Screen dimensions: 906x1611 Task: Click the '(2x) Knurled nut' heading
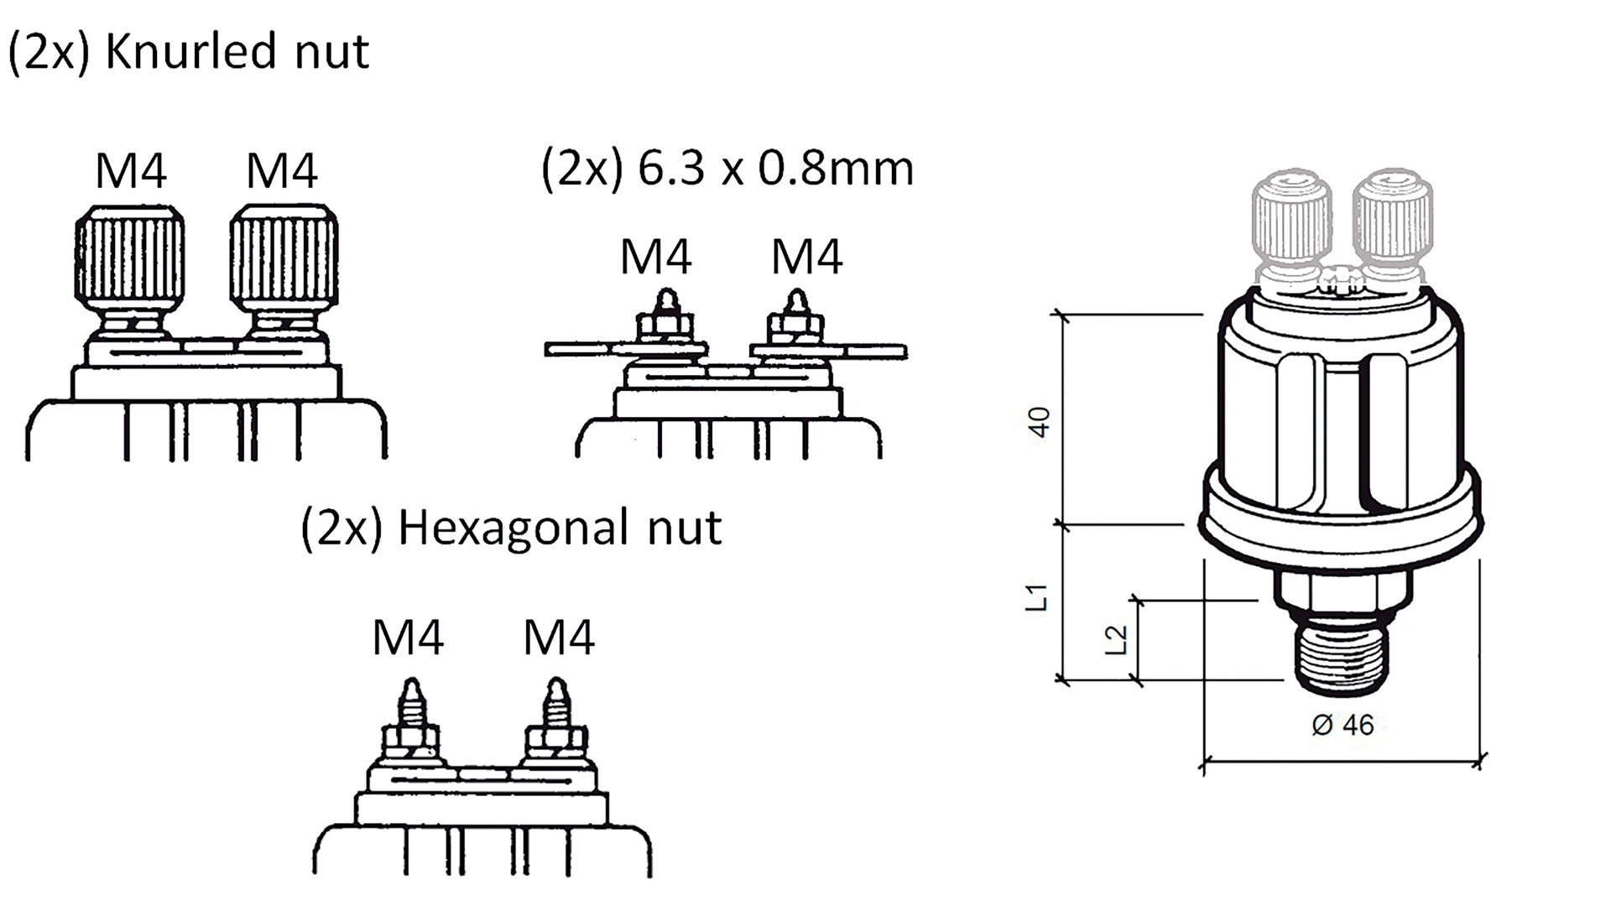pos(188,52)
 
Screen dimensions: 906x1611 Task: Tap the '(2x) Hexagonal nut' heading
pos(511,528)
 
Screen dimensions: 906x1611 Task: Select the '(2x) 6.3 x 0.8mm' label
pos(727,168)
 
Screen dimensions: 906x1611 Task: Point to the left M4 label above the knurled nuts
pos(131,171)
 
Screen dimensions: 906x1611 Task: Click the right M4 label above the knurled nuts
pos(282,171)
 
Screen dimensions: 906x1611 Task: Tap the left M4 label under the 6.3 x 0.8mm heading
pos(656,257)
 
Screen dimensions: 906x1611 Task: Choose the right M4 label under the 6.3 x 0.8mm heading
pos(807,257)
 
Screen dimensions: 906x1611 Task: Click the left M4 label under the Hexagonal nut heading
pos(408,638)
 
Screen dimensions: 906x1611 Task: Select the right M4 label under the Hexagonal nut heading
pos(559,638)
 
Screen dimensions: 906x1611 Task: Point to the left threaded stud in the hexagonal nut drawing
pos(410,705)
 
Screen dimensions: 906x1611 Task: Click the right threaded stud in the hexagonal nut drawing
pos(554,705)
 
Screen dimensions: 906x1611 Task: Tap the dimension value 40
pos(1039,421)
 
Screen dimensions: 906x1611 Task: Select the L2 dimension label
pos(1116,640)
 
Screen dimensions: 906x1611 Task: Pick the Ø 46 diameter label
pos(1342,725)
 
